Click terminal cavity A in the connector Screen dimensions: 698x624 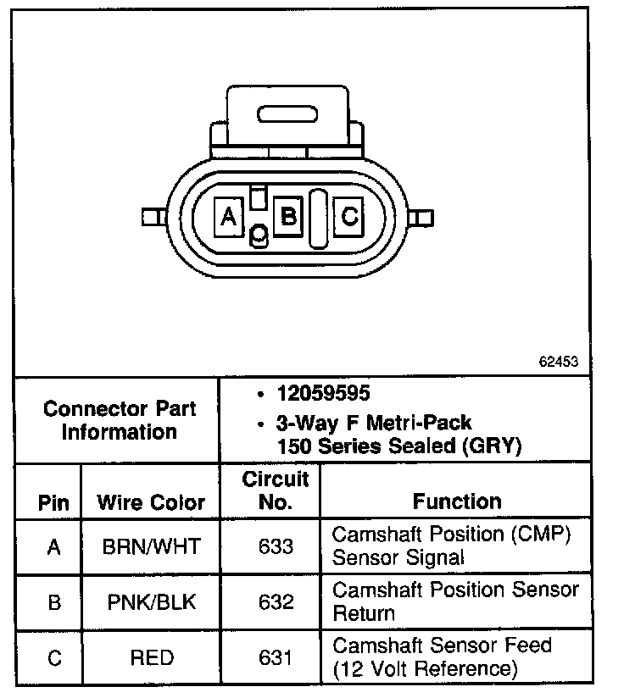click(x=228, y=218)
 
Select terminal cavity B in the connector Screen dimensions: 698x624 click(x=288, y=217)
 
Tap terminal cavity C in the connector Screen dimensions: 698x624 click(x=349, y=218)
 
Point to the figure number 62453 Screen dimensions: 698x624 click(x=558, y=360)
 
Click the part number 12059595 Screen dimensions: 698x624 click(x=323, y=394)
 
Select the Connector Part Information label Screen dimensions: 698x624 click(x=120, y=420)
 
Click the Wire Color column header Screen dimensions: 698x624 click(x=151, y=501)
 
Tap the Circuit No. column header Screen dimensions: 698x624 click(x=276, y=490)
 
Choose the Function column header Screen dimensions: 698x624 click(x=457, y=501)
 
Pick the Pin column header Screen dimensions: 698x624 click(x=54, y=501)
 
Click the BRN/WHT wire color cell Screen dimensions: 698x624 click(x=151, y=546)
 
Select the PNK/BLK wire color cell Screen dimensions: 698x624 click(x=151, y=601)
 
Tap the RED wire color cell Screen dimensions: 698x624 click(x=151, y=657)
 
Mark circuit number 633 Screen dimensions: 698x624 click(x=276, y=546)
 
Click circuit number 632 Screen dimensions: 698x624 click(x=276, y=601)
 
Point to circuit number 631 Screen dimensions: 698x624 click(x=276, y=657)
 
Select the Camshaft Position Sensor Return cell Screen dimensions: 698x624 click(x=455, y=601)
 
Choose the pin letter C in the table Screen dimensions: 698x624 click(x=54, y=657)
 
